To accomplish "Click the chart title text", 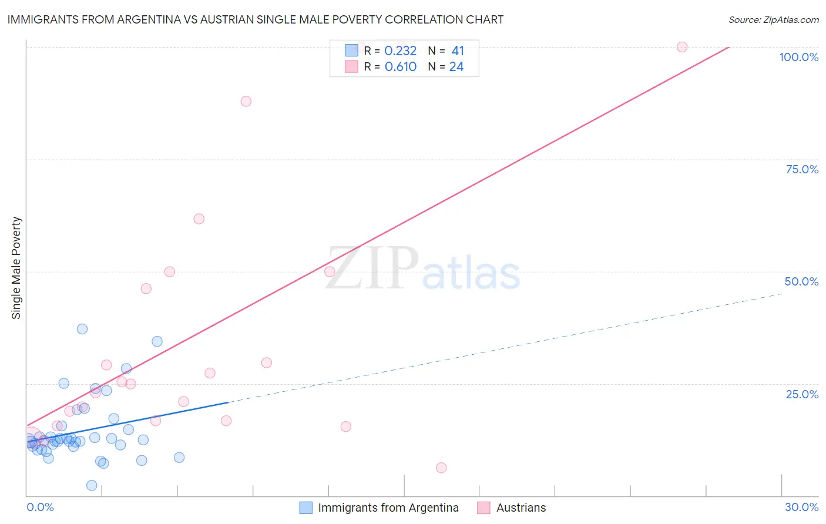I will tap(256, 19).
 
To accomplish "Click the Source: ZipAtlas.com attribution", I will tap(773, 19).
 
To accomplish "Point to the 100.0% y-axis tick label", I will tap(798, 57).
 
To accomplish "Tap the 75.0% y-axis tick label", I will tap(802, 169).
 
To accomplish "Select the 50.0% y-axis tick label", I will tap(801, 281).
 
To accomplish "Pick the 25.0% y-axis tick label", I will tap(802, 394).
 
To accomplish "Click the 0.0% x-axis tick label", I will tap(40, 507).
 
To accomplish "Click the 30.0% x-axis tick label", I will tap(801, 507).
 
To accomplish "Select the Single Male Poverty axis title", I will tap(16, 268).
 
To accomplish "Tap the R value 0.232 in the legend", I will tap(400, 51).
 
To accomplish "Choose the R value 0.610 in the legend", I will tap(400, 67).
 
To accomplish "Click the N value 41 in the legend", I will tap(458, 51).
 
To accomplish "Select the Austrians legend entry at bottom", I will tap(521, 508).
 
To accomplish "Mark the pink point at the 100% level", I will tap(682, 47).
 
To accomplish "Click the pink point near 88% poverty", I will tap(246, 101).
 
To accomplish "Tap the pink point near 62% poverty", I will tap(199, 219).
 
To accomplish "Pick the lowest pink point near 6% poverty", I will tap(441, 468).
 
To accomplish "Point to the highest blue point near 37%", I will tap(82, 329).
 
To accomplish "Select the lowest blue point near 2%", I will tap(92, 485).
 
